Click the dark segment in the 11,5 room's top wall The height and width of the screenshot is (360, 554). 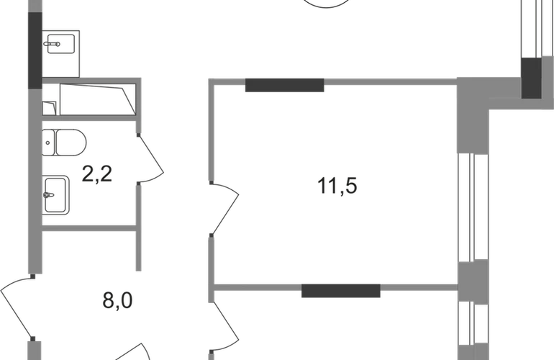click(x=284, y=86)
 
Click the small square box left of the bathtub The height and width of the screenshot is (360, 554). click(x=50, y=108)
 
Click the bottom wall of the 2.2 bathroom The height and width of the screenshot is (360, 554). click(x=90, y=229)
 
